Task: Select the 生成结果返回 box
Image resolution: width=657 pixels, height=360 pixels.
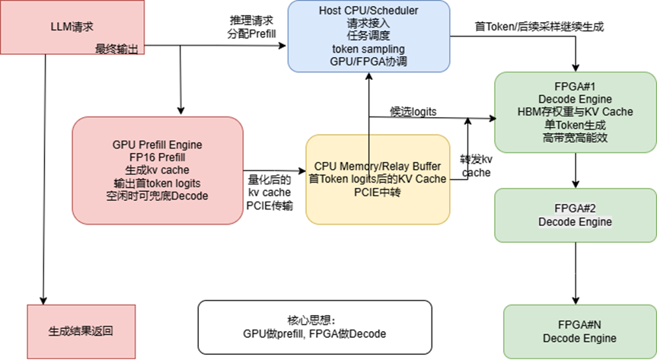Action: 81,332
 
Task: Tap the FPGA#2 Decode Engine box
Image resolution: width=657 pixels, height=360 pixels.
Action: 575,215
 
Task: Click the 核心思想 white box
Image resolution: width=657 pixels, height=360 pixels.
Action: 314,327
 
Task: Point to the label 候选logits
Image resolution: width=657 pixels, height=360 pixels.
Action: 413,111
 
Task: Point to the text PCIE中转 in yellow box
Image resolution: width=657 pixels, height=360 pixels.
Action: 377,192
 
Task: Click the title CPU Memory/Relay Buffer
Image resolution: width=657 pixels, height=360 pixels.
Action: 377,166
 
